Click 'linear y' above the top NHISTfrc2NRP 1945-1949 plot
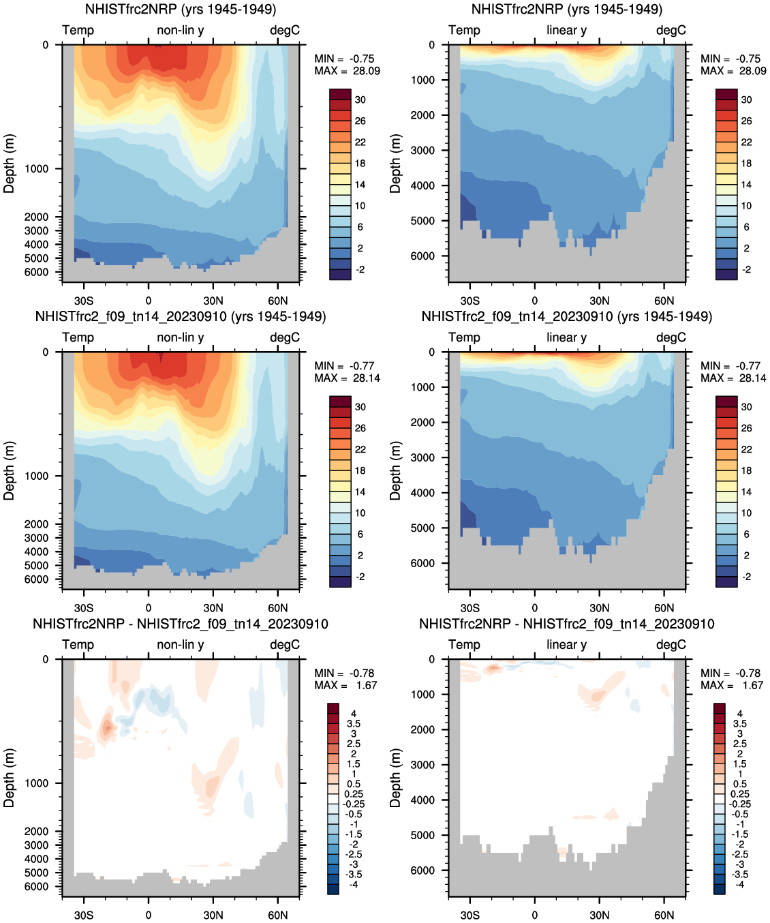pyautogui.click(x=566, y=30)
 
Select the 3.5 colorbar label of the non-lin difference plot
pyautogui.click(x=354, y=724)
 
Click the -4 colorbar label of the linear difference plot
pyautogui.click(x=739, y=884)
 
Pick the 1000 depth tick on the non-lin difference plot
pyautogui.click(x=37, y=783)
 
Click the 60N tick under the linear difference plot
pyautogui.click(x=664, y=915)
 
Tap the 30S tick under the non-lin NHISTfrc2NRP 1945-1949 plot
pyautogui.click(x=84, y=301)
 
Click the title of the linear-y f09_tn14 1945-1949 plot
pyautogui.click(x=566, y=317)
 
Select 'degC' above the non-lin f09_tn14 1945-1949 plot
pyautogui.click(x=285, y=337)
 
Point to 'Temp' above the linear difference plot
pyautogui.click(x=464, y=645)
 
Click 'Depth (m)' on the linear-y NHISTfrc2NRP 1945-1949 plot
pyautogui.click(x=396, y=164)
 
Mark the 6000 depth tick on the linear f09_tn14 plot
pyautogui.click(x=422, y=563)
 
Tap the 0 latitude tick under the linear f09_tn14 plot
pyautogui.click(x=534, y=608)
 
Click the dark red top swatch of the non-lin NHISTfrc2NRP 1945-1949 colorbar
pyautogui.click(x=340, y=94)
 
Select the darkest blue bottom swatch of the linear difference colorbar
pyautogui.click(x=720, y=889)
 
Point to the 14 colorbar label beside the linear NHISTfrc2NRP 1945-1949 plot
pyautogui.click(x=746, y=185)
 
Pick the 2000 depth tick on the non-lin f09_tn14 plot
pyautogui.click(x=37, y=524)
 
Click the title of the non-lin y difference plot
pyautogui.click(x=181, y=624)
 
